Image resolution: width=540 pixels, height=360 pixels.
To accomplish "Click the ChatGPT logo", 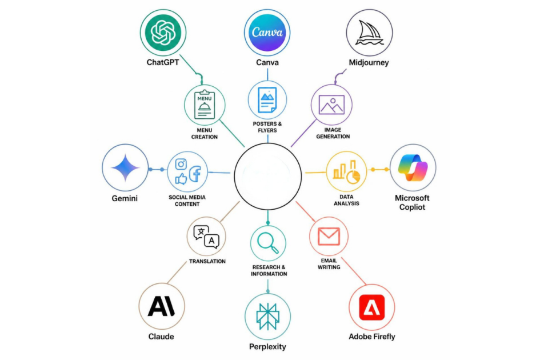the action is click(163, 33).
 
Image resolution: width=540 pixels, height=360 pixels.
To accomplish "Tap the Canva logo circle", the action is click(267, 33).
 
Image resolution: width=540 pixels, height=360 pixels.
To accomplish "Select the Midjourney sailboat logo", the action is click(369, 33).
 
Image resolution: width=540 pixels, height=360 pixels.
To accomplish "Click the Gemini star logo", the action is click(125, 168).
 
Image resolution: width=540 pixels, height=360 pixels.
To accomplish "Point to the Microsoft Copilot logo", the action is click(413, 168).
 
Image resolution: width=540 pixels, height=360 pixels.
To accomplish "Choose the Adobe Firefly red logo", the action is click(372, 307).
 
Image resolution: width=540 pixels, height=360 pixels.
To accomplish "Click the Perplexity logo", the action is click(268, 316).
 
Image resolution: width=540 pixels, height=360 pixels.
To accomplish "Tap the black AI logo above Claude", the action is click(161, 306).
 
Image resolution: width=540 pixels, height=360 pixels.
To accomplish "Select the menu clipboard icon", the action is click(205, 105).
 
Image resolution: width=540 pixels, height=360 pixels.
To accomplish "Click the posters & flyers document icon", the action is click(267, 100).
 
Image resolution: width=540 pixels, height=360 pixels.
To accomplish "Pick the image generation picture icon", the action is click(331, 105).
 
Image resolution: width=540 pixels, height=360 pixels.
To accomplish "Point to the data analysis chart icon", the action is click(346, 171).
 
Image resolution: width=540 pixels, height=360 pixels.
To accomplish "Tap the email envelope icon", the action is click(329, 236).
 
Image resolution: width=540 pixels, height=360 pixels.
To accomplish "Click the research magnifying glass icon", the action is click(268, 243).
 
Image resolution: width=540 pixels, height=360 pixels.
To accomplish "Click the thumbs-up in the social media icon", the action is click(181, 178).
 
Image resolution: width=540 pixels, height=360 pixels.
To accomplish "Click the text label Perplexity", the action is click(267, 346).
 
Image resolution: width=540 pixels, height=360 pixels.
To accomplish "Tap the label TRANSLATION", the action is click(207, 262).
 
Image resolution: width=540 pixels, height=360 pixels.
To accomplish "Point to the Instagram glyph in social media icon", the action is click(181, 164).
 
